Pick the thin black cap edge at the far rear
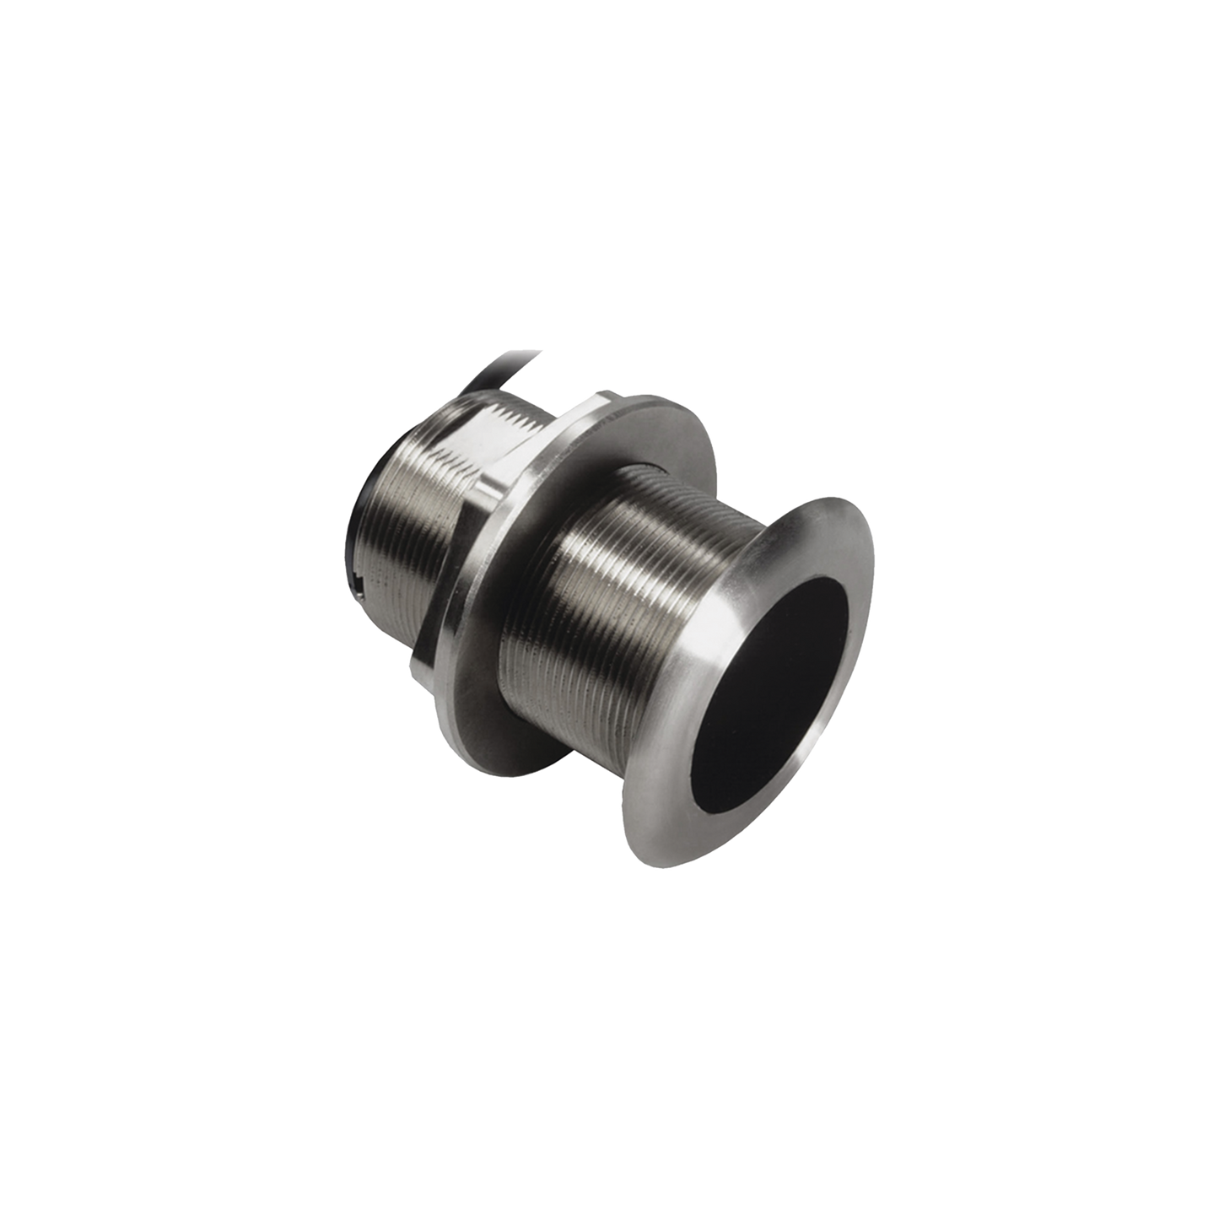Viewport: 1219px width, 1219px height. pos(353,523)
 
